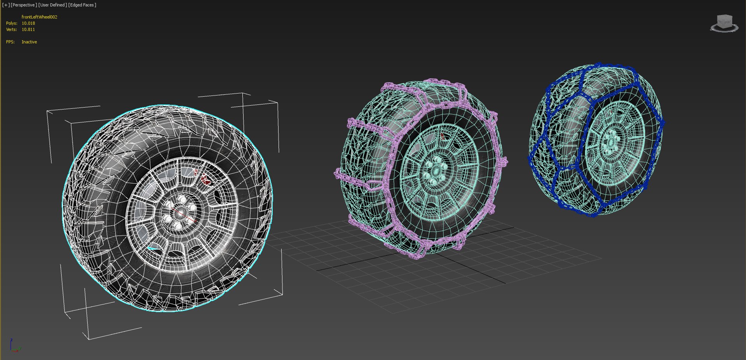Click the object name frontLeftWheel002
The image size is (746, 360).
coord(39,17)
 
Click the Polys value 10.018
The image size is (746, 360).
coord(28,23)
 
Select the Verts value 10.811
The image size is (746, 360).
coord(28,30)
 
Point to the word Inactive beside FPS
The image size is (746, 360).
coord(29,42)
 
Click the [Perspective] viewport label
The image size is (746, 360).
coord(24,5)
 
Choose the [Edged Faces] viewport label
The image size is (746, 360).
coord(82,5)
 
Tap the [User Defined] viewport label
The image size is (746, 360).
coord(52,5)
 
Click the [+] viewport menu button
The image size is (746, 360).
coord(6,5)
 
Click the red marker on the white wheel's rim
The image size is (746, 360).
coord(205,179)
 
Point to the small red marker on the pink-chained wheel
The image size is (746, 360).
coord(442,136)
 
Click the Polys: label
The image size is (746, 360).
coord(12,23)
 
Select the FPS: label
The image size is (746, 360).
coord(10,42)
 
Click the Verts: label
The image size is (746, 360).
coord(11,30)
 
